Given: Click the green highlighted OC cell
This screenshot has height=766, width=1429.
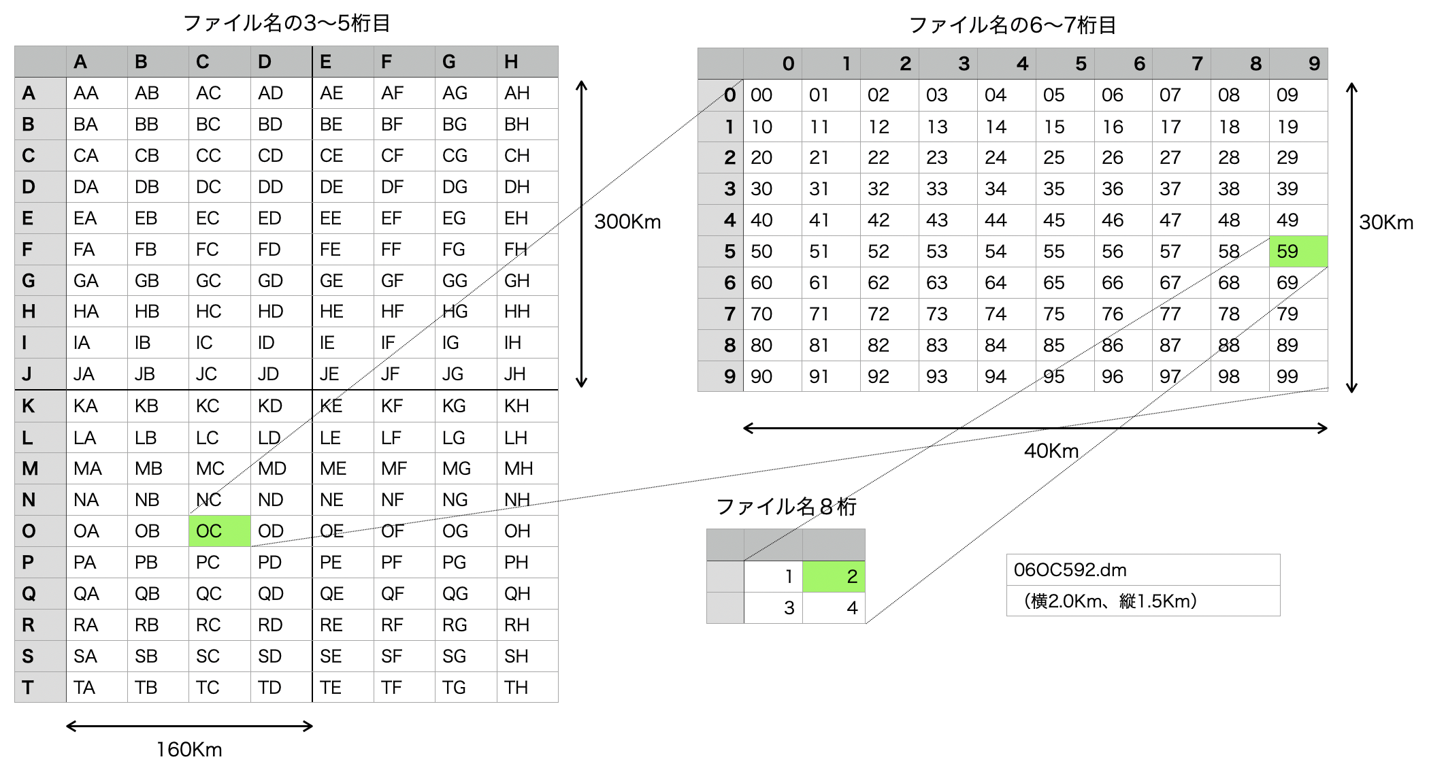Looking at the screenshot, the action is [219, 531].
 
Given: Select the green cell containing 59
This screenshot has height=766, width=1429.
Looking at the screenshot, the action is [1298, 251].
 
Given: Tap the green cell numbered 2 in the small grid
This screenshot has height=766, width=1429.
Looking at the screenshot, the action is [834, 576].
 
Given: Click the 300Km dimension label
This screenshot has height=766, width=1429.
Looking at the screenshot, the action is [627, 222].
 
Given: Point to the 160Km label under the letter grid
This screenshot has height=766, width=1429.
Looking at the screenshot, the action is [189, 749].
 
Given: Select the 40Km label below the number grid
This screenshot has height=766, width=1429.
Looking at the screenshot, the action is [1051, 450].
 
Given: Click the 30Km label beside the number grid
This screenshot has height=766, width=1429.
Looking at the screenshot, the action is [1386, 222].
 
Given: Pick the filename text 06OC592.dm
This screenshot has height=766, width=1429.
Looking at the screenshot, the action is [1070, 569].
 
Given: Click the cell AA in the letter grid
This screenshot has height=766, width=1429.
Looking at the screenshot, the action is [97, 93].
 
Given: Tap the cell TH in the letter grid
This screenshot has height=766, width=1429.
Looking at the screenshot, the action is [527, 687].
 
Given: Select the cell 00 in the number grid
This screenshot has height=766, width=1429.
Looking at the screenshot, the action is [772, 95].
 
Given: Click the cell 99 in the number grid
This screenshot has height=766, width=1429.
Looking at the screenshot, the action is [1298, 376].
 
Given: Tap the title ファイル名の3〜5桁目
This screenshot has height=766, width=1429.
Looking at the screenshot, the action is [286, 23].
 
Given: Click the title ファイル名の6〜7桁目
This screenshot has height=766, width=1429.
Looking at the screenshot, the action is [1013, 25].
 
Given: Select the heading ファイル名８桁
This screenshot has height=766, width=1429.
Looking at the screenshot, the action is [786, 507].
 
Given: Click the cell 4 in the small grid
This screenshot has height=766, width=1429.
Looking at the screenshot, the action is [834, 607].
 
